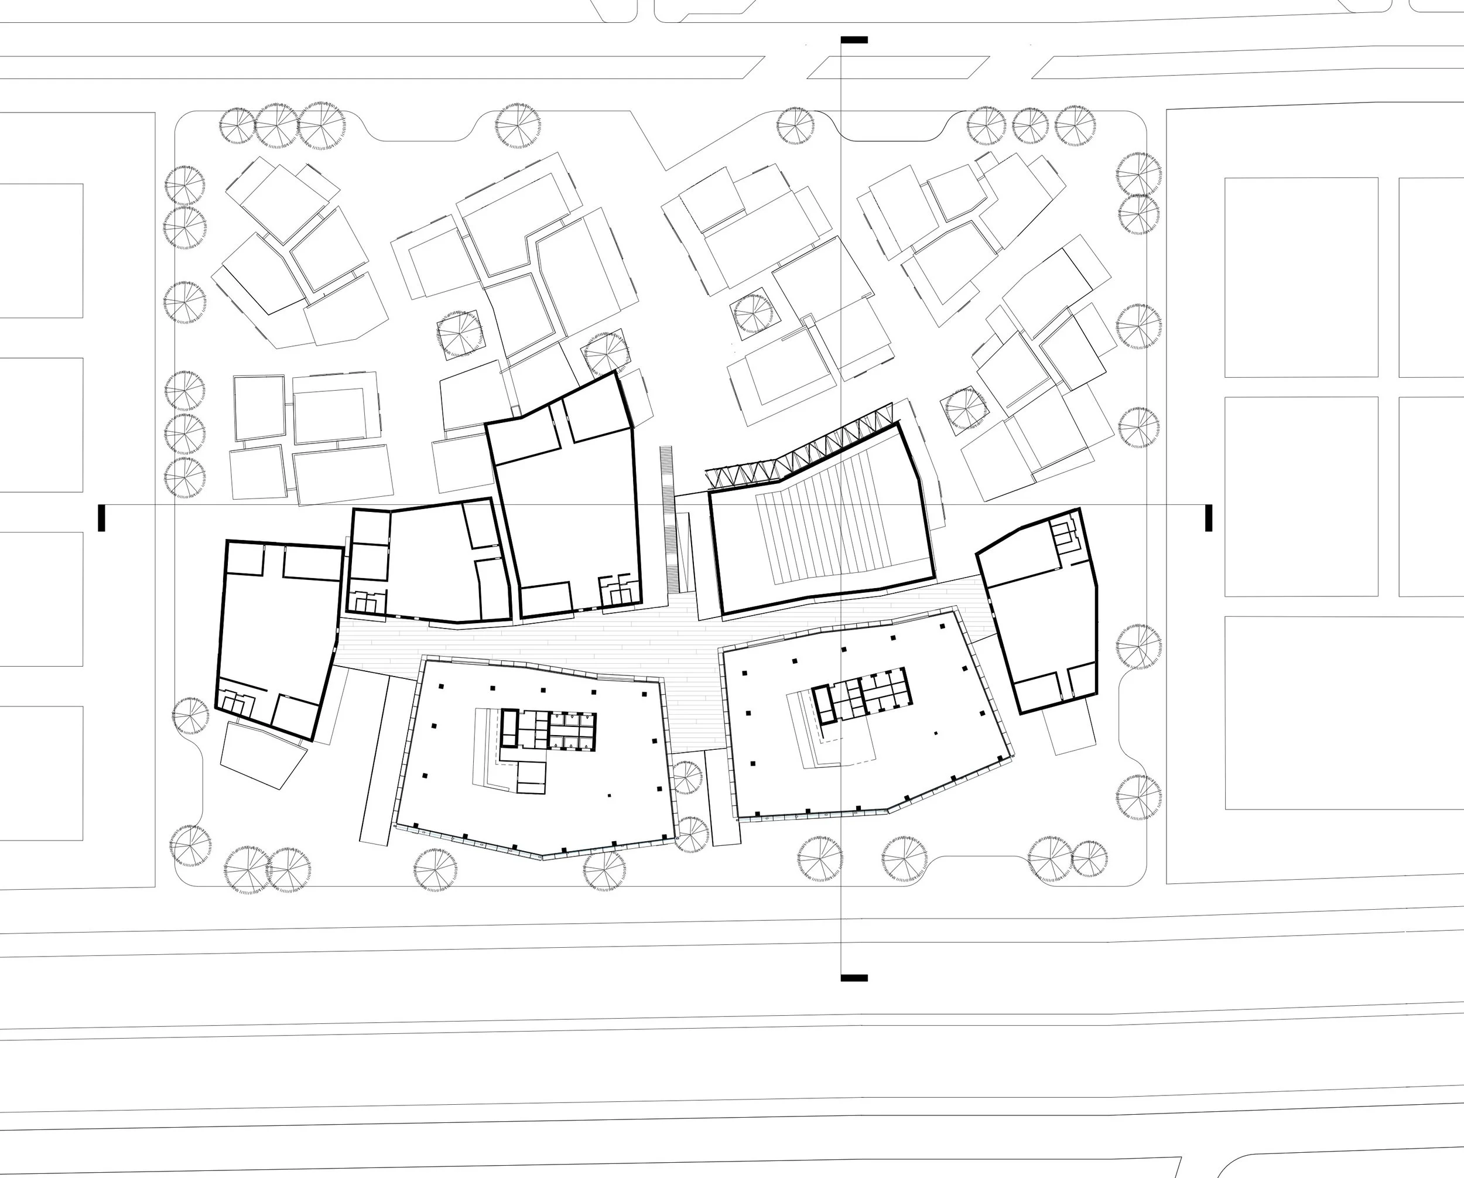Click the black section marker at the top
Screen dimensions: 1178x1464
tap(854, 40)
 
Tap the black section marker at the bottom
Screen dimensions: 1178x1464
tap(854, 978)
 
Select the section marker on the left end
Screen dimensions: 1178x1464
tap(101, 518)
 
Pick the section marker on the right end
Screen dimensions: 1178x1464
tap(1209, 518)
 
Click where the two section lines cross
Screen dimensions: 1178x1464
tap(842, 505)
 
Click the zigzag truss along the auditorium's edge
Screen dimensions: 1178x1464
tap(801, 452)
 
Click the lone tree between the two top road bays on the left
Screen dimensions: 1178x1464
tap(518, 127)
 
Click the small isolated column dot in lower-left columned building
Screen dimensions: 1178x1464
tap(609, 795)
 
